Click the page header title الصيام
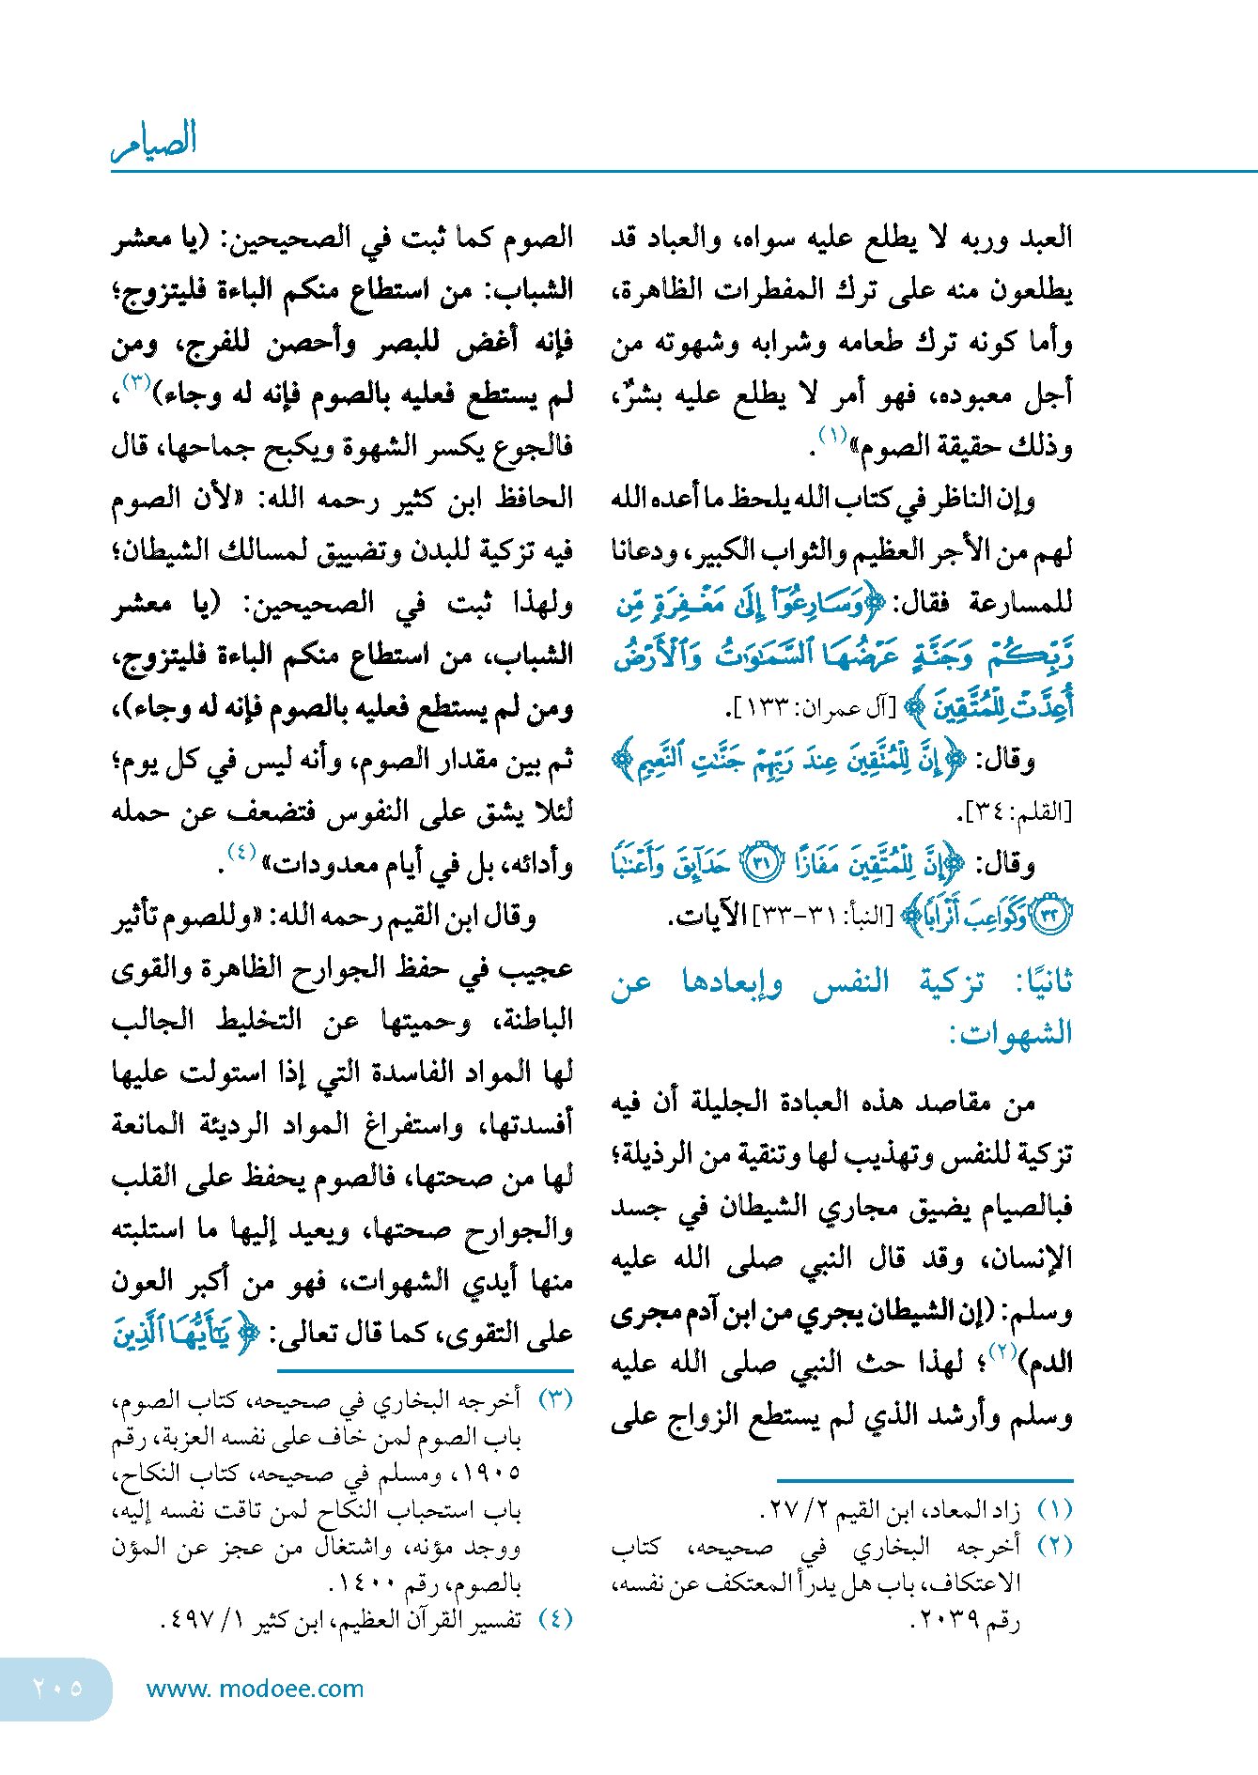point(155,140)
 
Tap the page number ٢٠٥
point(57,1689)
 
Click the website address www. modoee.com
point(255,1689)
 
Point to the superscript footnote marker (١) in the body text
point(832,435)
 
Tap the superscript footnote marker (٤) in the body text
point(241,853)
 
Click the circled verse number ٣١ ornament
point(762,863)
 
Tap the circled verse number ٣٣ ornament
point(1052,916)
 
